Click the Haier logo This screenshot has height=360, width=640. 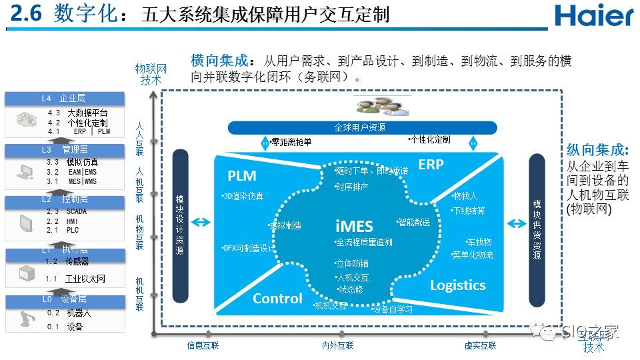[x=593, y=15]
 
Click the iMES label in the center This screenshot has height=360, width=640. [x=354, y=225]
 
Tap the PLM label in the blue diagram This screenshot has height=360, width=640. [x=241, y=176]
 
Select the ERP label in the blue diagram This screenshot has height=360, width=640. [x=431, y=164]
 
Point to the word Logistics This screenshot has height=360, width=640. [x=457, y=285]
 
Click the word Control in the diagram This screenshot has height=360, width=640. [x=277, y=298]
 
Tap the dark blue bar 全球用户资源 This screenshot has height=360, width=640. [x=362, y=127]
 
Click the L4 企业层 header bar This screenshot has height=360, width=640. [x=64, y=99]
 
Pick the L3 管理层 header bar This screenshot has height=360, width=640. [x=64, y=149]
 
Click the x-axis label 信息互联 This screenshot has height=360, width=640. [x=203, y=345]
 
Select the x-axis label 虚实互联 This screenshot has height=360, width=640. [x=480, y=345]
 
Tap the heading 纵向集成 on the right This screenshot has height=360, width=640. [x=598, y=150]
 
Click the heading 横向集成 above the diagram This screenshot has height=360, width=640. [x=219, y=61]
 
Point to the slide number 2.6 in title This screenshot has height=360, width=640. [x=25, y=15]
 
